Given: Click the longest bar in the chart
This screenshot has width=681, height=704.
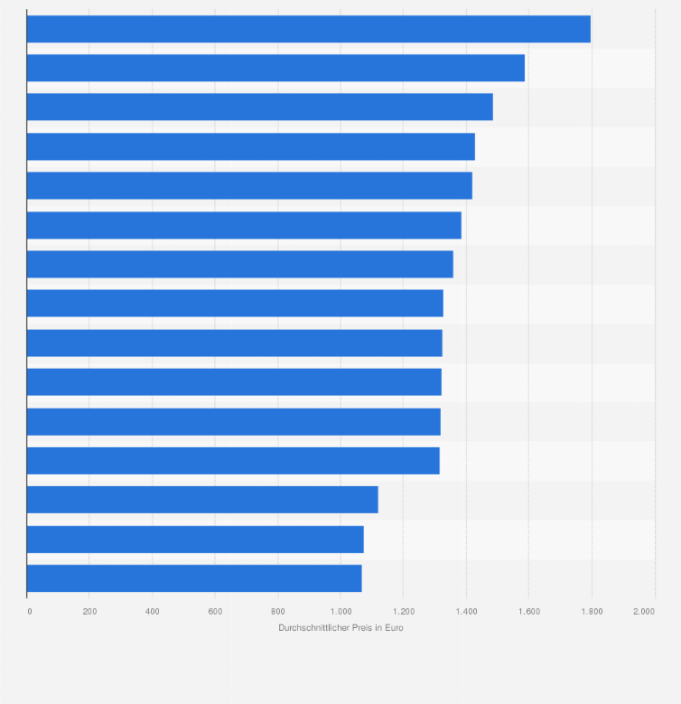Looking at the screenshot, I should tap(308, 29).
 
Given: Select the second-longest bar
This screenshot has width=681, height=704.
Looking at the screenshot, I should tap(275, 68).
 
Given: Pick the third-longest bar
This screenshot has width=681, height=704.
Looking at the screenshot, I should tap(259, 107).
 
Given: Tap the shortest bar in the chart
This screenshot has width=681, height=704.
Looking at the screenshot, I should tap(194, 578).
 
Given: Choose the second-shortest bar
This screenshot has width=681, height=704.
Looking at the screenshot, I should tap(195, 540).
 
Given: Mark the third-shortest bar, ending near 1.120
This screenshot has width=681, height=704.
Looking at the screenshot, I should tap(202, 500).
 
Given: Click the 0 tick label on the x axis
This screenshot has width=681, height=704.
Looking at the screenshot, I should tap(29, 612).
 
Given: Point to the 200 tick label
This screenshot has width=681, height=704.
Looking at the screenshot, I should tap(89, 612).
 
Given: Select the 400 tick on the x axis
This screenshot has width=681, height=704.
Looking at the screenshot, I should tap(153, 612).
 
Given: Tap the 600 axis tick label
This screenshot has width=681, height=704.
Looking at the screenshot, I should tap(215, 612).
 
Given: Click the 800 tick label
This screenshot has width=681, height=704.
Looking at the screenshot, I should tap(278, 612).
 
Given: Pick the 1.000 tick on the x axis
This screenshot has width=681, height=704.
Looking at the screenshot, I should tap(340, 612).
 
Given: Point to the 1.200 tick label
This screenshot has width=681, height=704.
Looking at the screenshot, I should tap(404, 612).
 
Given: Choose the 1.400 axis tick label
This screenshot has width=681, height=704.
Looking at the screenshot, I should tap(466, 612).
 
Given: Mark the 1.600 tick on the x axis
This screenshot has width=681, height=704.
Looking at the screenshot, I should tap(529, 612).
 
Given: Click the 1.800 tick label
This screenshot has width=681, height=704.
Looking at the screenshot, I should tap(592, 612).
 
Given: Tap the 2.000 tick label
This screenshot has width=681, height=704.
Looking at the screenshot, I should tap(644, 612).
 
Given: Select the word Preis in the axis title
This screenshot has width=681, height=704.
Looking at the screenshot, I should tap(359, 627).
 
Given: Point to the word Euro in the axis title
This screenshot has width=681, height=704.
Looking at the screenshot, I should tap(394, 627).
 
